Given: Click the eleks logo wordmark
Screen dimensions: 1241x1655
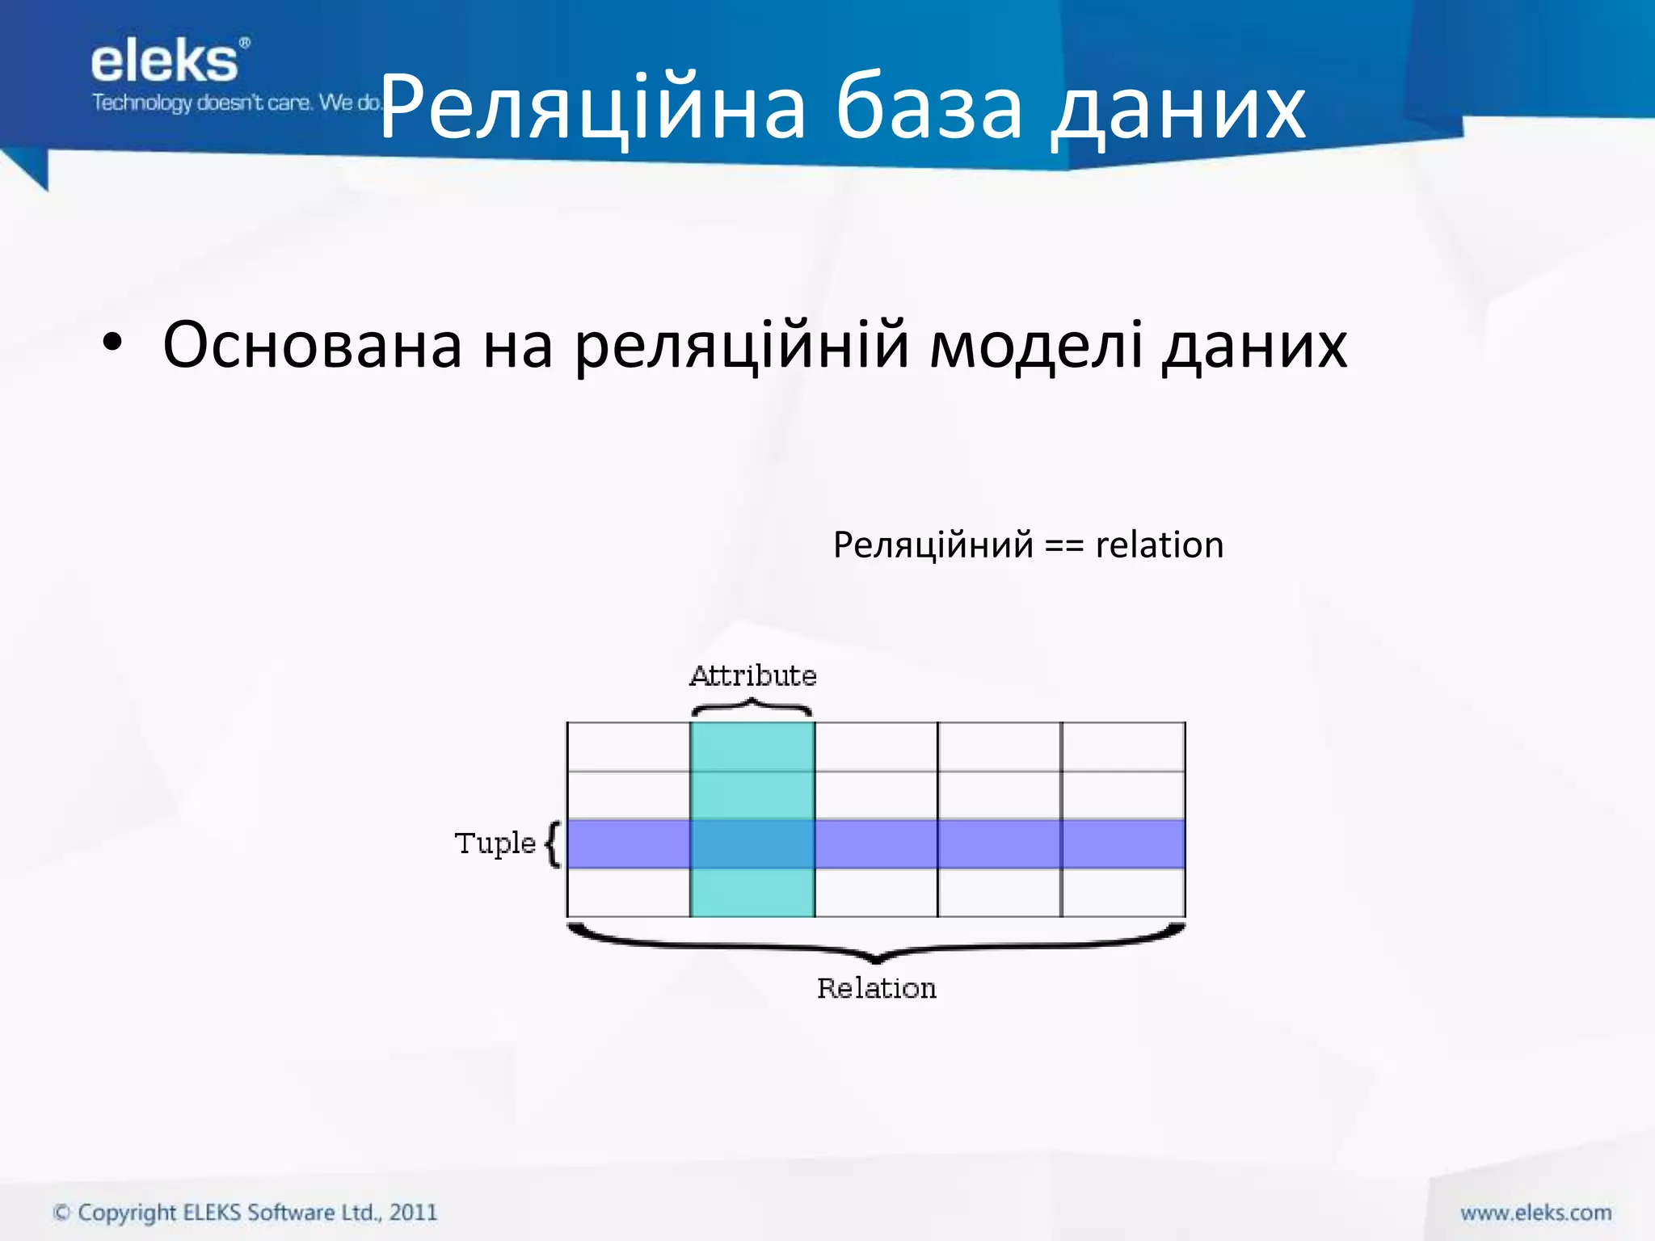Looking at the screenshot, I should click(x=166, y=63).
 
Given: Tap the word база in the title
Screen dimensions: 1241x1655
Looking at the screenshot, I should click(x=929, y=107).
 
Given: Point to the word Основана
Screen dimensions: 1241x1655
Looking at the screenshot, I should click(x=312, y=345).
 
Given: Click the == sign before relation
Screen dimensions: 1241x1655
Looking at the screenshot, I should click(x=1063, y=545).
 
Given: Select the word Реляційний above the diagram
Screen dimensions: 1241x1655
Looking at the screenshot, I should click(x=933, y=545).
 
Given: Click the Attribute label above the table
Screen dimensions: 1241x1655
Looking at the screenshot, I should click(x=752, y=675).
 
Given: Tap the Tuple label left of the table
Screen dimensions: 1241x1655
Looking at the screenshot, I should click(x=495, y=843).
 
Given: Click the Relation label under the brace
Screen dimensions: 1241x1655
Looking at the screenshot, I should click(x=876, y=988).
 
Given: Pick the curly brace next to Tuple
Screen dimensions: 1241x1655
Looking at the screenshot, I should click(x=553, y=843).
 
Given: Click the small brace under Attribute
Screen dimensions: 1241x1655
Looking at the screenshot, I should click(x=752, y=709).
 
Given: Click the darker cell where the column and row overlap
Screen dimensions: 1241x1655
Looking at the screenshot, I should click(x=752, y=843).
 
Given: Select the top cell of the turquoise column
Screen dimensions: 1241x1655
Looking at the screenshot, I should click(x=752, y=747).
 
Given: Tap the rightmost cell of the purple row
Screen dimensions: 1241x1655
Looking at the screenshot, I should click(x=1123, y=843).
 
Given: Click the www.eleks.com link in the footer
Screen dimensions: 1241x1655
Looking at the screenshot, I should click(x=1535, y=1212).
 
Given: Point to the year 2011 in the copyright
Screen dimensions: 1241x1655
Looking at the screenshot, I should click(x=413, y=1212).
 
